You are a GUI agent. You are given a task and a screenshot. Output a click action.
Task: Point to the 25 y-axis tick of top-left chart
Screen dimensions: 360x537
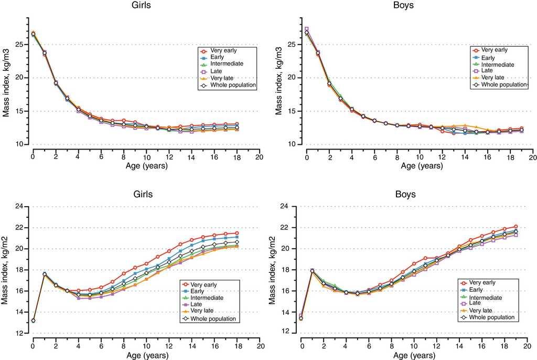(20, 44)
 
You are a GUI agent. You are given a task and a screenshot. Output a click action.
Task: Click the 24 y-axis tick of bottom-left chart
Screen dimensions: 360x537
(20, 206)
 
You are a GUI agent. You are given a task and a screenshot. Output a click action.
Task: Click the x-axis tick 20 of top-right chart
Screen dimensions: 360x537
(532, 156)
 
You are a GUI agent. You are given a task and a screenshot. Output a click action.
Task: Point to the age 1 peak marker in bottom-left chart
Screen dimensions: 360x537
(44, 273)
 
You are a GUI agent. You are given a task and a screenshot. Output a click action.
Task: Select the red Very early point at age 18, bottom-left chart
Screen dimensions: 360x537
(237, 233)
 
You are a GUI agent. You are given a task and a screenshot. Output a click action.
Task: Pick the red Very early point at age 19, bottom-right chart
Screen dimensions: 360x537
(516, 227)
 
